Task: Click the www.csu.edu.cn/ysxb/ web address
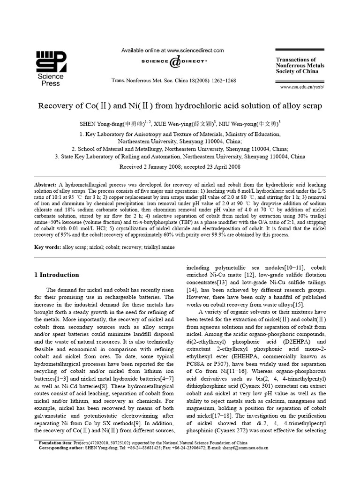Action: [305, 87]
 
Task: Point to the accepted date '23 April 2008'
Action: [219, 166]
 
